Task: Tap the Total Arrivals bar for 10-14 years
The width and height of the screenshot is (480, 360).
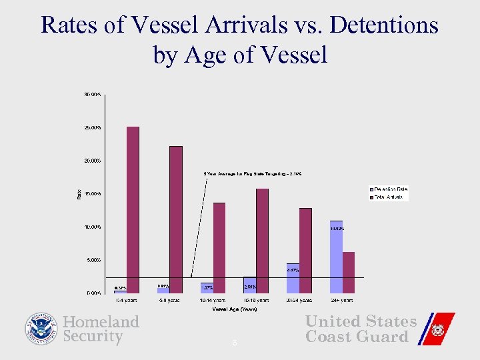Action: (x=219, y=247)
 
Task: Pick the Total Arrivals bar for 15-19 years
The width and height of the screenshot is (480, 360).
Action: (x=262, y=241)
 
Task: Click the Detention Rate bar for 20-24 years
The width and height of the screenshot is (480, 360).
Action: (x=293, y=278)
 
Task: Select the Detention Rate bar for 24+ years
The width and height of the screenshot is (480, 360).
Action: (x=336, y=257)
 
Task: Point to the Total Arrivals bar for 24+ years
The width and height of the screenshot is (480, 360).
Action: (x=349, y=273)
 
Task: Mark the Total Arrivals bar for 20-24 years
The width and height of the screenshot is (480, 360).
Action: (x=305, y=251)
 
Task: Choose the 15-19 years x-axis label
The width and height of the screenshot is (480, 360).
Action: (x=256, y=301)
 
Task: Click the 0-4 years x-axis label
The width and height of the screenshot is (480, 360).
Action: (x=127, y=301)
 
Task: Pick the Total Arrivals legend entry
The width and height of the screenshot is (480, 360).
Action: (x=388, y=197)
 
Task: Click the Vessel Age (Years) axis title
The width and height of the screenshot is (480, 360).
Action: (x=235, y=309)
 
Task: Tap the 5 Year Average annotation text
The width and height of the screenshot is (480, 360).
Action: (x=253, y=174)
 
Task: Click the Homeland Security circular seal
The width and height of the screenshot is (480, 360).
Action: (x=42, y=329)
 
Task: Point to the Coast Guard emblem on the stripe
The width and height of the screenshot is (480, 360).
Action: (x=437, y=329)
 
